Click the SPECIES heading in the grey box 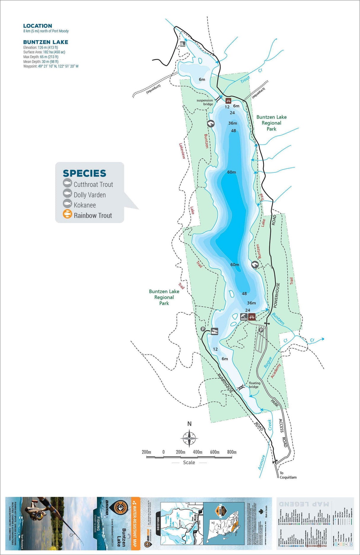[x=85, y=173]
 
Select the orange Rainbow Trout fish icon [x=67, y=214]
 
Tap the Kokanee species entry [x=85, y=205]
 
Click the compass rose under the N [x=189, y=438]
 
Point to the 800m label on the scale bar [x=232, y=452]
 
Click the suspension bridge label [x=205, y=102]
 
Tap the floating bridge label [x=254, y=385]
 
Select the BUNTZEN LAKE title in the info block [x=46, y=42]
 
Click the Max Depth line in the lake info [x=41, y=57]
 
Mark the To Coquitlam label [x=288, y=475]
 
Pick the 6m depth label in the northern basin [x=202, y=79]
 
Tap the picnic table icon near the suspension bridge [x=228, y=101]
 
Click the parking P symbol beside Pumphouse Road [x=203, y=329]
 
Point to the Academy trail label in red [x=275, y=371]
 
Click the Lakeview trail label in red [x=182, y=151]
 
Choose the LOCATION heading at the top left [x=38, y=26]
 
